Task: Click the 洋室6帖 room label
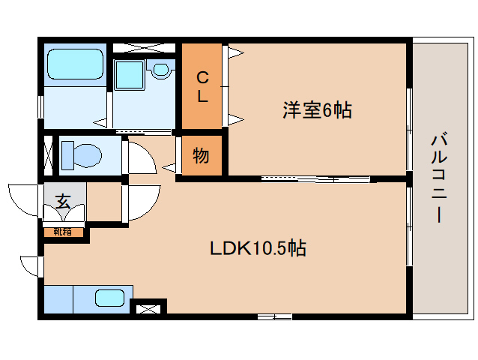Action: tap(317, 110)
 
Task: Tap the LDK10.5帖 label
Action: tap(257, 248)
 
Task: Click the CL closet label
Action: tap(202, 86)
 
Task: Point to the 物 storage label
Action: tap(201, 157)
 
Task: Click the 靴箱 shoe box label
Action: tap(64, 232)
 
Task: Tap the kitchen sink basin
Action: tap(110, 298)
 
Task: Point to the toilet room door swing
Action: tap(139, 156)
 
